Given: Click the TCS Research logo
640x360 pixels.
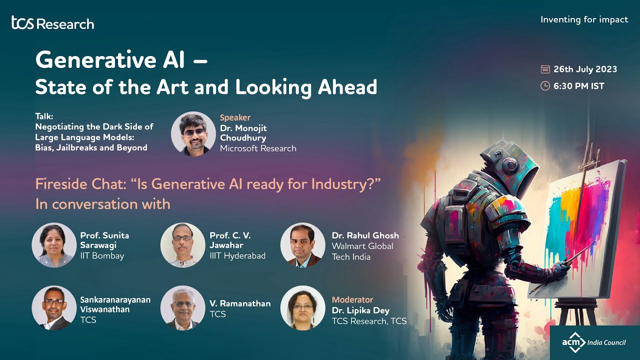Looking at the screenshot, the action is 53,23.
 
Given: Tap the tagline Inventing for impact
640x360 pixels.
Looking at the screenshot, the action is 584,19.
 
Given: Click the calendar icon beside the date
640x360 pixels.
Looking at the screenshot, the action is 545,69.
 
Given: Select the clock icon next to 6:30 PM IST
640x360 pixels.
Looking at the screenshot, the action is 545,86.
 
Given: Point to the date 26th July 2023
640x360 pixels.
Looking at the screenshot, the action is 585,69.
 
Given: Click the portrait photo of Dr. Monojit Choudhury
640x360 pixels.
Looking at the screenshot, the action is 193,133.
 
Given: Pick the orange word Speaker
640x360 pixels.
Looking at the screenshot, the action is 235,117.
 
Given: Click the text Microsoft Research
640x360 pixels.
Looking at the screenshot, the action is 258,148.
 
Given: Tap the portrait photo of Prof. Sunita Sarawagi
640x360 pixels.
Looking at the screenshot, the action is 54,245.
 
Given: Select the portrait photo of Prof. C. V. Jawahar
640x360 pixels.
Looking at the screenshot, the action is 183,245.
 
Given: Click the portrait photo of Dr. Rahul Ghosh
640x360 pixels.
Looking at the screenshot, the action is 303,245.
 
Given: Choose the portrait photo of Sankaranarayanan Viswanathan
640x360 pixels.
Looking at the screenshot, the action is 54,308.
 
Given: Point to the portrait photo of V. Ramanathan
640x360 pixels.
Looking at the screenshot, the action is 183,308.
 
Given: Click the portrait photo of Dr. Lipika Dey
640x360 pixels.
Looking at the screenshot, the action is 303,308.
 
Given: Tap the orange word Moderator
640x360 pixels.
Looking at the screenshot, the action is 352,299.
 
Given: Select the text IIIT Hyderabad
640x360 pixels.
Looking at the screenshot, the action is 237,255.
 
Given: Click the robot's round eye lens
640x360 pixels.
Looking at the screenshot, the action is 510,165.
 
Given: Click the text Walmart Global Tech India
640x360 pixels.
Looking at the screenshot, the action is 362,251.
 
